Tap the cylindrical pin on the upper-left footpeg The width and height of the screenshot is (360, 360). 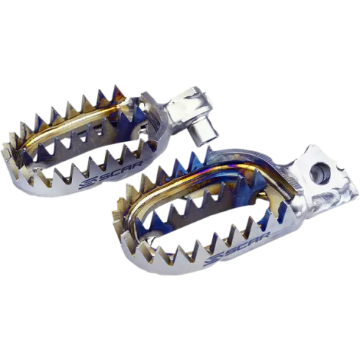click(206, 134)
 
